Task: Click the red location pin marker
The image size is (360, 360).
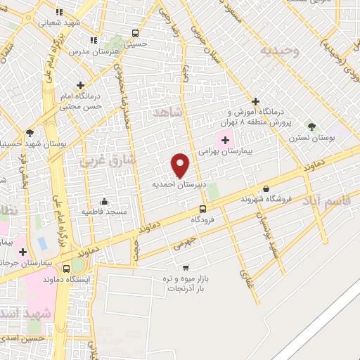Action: pos(181,165)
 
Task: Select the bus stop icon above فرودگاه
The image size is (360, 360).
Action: pos(202,209)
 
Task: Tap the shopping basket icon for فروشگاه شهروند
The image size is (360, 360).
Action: pos(266,188)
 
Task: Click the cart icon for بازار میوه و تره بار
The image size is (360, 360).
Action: pos(186,267)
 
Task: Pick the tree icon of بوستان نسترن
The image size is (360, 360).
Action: pos(311,126)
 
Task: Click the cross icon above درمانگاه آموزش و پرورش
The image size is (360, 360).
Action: pos(256,101)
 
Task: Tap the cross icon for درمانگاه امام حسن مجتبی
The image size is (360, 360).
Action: pos(81,85)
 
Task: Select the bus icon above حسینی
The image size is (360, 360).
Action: pos(135,32)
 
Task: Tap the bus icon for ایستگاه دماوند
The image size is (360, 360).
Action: pos(66,269)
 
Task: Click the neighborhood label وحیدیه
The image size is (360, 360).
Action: pos(279,51)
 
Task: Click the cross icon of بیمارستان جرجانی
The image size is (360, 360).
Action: pos(23,251)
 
